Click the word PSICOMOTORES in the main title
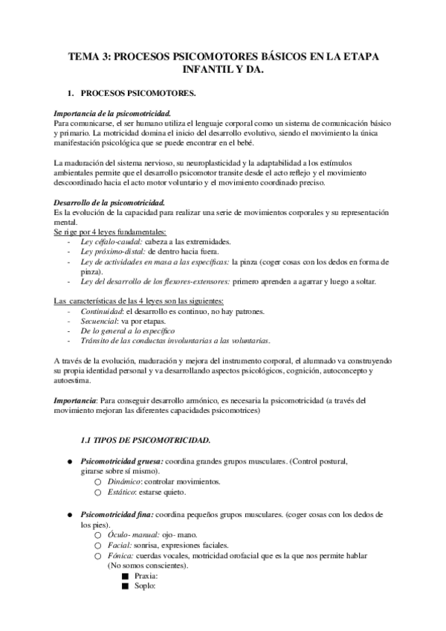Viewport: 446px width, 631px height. coord(224,55)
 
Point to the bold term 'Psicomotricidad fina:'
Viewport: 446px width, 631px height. coord(117,514)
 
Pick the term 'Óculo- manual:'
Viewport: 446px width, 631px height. coord(135,535)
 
